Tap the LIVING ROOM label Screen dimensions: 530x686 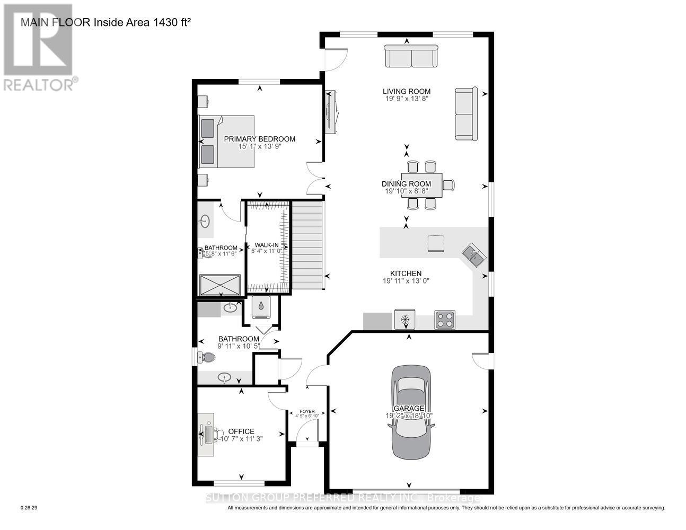click(x=407, y=91)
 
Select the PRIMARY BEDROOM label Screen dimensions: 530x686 click(x=259, y=139)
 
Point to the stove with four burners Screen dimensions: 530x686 click(x=444, y=320)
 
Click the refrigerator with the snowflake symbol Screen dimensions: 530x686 click(x=405, y=320)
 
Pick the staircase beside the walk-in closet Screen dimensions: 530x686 click(x=307, y=244)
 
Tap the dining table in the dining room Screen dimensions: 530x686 click(x=422, y=184)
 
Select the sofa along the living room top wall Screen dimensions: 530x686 click(x=411, y=56)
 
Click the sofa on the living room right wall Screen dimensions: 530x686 click(x=465, y=114)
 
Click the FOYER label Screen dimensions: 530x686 click(x=307, y=411)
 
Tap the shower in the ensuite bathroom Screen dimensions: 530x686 click(x=219, y=285)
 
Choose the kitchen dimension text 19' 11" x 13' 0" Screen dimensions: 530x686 click(x=407, y=281)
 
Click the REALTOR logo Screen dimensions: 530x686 click(x=38, y=47)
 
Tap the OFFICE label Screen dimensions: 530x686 click(x=241, y=431)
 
